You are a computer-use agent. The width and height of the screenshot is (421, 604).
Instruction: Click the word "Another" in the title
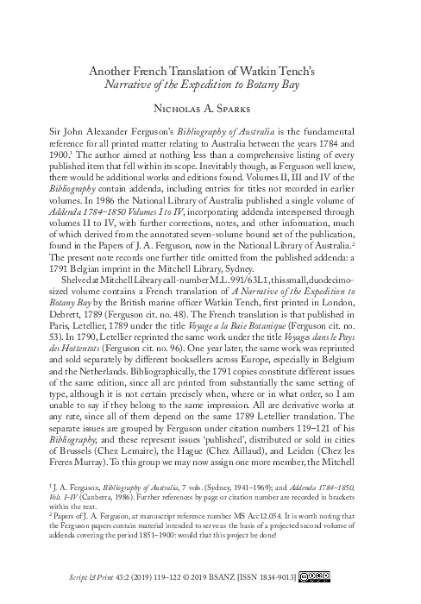click(116, 70)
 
